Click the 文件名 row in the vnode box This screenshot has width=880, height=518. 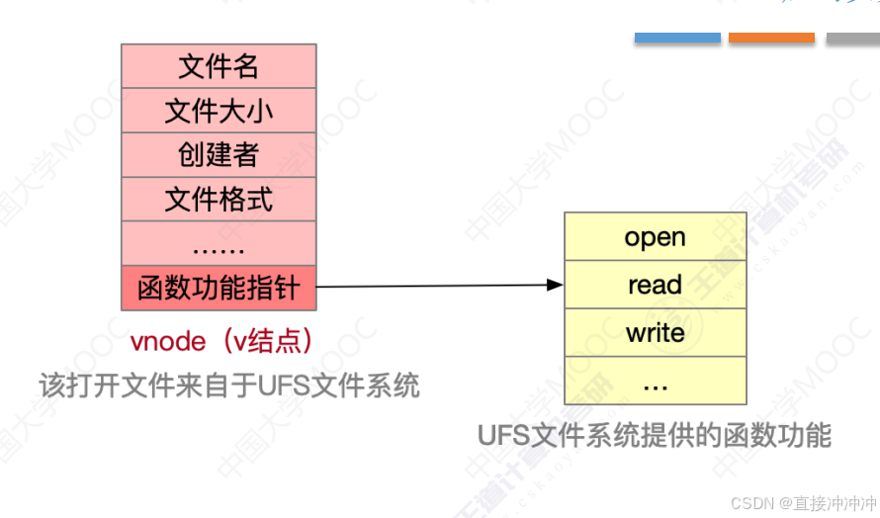tap(219, 66)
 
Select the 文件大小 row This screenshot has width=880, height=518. tap(219, 111)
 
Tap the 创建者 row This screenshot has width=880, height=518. tap(219, 155)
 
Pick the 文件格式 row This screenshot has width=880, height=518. tap(219, 200)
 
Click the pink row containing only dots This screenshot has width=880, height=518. tap(219, 244)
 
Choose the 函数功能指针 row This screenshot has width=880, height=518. tap(219, 289)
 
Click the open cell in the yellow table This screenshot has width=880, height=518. tap(655, 237)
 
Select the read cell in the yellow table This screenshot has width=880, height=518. tap(655, 285)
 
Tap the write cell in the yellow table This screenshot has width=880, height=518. tap(655, 332)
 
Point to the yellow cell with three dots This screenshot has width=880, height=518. tap(655, 381)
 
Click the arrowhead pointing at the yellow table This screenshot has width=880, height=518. tap(556, 286)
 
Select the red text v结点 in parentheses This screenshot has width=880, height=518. tap(266, 341)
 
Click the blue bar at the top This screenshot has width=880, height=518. tap(677, 38)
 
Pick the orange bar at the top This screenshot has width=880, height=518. tap(771, 38)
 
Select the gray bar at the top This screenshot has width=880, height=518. tap(852, 38)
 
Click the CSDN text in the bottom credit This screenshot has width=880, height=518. tap(750, 503)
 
